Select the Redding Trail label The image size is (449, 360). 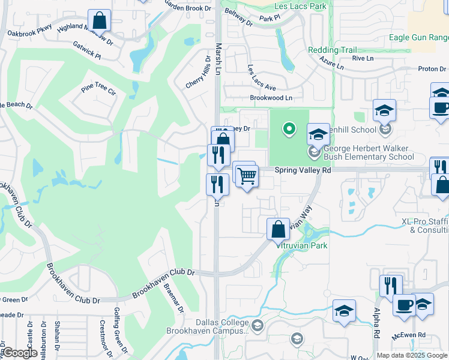point(332,50)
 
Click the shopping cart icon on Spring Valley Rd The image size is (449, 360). point(247,176)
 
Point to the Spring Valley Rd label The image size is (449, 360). point(303,170)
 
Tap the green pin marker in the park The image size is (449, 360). point(289,128)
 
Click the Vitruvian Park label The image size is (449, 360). point(301,245)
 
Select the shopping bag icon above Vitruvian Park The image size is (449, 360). point(278,229)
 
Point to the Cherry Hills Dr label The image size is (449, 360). point(199,76)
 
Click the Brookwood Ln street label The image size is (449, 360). point(271,98)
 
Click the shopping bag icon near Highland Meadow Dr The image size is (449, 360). point(100,20)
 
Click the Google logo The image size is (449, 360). point(19,353)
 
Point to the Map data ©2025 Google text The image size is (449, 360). point(412,355)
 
